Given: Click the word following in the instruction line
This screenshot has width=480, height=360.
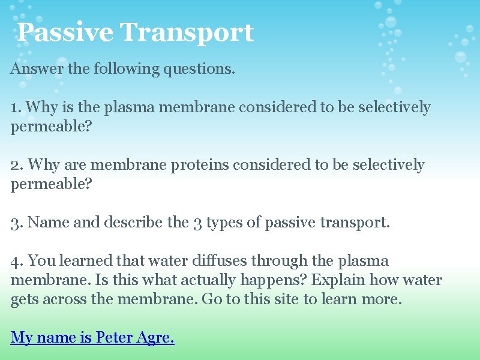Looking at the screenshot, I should (124, 68).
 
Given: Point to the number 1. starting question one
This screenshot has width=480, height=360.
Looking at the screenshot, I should (16, 107).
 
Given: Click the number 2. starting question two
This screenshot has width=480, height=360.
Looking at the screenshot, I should (17, 165).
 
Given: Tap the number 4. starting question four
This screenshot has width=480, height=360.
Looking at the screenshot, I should (17, 261).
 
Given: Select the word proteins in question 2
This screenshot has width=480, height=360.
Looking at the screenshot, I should (200, 165).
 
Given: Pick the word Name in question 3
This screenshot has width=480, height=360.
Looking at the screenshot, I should (49, 223).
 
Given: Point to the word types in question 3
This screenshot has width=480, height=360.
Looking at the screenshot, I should (224, 223).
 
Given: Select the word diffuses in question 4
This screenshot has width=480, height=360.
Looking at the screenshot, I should (220, 261).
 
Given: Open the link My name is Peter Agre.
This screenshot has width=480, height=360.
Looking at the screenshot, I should (92, 338).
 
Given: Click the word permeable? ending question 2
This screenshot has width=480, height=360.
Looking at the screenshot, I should (52, 184).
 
